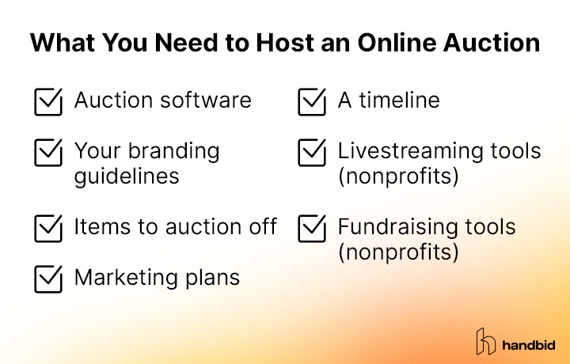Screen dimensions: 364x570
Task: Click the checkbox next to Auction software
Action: pyautogui.click(x=49, y=102)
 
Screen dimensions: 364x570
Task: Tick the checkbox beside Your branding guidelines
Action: pyautogui.click(x=49, y=152)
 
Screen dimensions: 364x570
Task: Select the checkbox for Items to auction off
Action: pyautogui.click(x=49, y=228)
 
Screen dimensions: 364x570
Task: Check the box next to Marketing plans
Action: pyautogui.click(x=49, y=279)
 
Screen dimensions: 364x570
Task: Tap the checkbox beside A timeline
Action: pyautogui.click(x=313, y=102)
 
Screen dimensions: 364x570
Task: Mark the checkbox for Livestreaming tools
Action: pyautogui.click(x=313, y=152)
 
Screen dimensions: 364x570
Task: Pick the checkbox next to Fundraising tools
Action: pyautogui.click(x=313, y=228)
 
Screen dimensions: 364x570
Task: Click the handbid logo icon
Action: pyautogui.click(x=485, y=341)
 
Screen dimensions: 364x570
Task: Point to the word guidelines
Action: pyautogui.click(x=127, y=175)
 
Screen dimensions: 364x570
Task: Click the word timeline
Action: pyautogui.click(x=400, y=100)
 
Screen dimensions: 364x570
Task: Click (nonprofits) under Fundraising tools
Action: pyautogui.click(x=398, y=252)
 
